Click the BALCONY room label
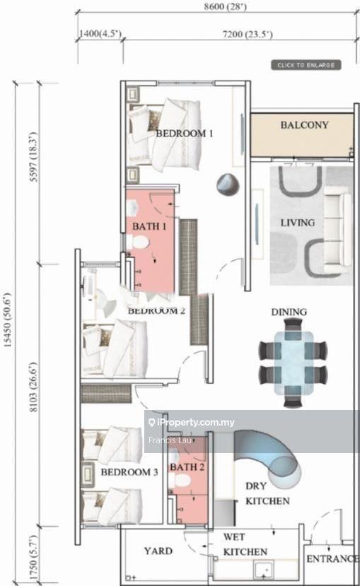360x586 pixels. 304,125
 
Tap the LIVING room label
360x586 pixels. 298,223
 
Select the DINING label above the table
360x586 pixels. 289,312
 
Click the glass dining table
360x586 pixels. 294,363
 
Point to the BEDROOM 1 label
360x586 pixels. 185,134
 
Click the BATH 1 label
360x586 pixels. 149,226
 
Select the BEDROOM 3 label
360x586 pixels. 129,472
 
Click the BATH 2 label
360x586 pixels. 187,467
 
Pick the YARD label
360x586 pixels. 158,551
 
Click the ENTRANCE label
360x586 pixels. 332,558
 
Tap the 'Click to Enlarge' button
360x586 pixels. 306,65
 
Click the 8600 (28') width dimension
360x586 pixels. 225,6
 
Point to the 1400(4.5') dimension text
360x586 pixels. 100,33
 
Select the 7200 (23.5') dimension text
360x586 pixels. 248,35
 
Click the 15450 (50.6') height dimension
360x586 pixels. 8,320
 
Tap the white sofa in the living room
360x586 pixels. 337,229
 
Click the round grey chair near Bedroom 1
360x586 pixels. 228,184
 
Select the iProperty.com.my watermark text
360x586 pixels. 192,422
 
